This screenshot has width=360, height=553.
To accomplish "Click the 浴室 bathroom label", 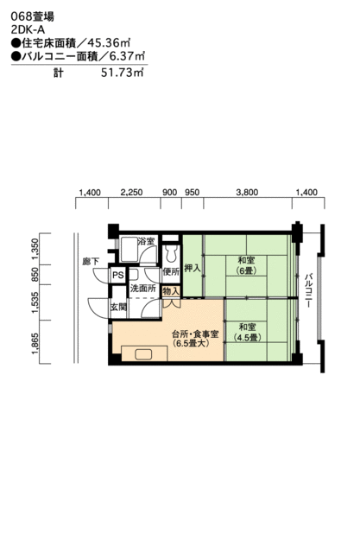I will pyautogui.click(x=145, y=242).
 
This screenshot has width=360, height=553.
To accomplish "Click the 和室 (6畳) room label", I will pyautogui.click(x=245, y=265).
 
